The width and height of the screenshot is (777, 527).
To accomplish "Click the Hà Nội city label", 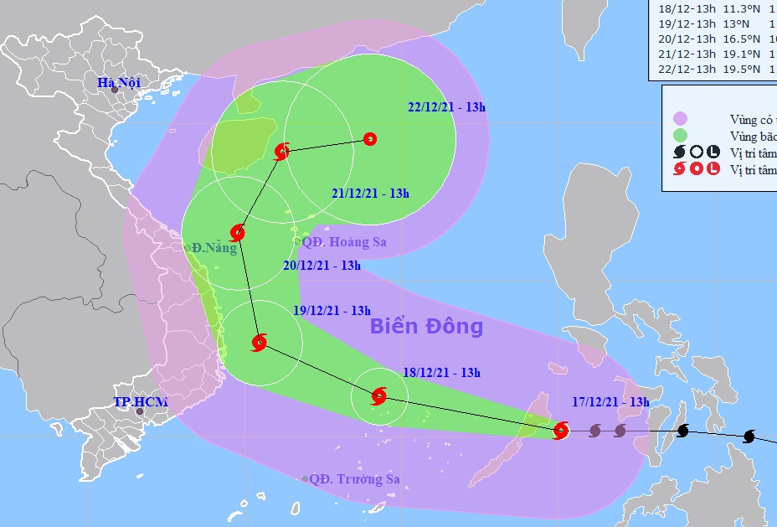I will pos(118,82).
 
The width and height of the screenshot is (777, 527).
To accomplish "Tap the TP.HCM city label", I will pos(141,402).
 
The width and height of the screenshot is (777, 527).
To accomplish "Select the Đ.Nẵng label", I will pos(214,248).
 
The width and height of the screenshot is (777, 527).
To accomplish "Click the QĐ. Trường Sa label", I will pos(354,479).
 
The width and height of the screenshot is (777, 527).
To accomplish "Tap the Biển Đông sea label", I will pos(426,326).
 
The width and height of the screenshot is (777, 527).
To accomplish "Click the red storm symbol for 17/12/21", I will pos(561,431).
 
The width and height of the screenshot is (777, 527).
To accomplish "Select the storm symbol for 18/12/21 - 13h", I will pos(378,395).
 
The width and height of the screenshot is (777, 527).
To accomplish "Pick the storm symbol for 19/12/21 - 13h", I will pos(259,342).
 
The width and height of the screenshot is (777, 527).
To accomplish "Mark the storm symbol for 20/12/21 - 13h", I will pos(237,232).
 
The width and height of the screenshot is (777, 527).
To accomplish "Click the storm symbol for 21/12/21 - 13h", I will pos(282,151).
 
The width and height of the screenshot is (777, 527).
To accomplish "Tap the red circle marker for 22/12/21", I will pos(370,140).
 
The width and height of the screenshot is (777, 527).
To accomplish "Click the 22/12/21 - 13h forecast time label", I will pos(446,107).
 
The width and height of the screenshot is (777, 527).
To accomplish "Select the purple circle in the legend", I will pos(680,119).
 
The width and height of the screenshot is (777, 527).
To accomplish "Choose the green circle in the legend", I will pos(680,136).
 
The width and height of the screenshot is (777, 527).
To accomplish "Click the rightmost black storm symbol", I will pos(749,437).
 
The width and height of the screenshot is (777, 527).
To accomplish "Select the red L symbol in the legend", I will pos(713,168).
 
